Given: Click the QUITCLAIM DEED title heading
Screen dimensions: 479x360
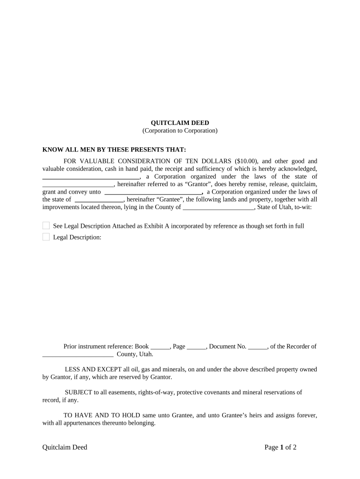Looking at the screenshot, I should click(180, 123).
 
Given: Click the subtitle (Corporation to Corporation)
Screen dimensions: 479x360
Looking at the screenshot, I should click(180, 131).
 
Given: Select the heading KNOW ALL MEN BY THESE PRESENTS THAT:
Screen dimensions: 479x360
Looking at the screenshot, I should click(114, 150).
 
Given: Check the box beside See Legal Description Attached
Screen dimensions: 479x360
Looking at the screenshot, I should click(46, 226).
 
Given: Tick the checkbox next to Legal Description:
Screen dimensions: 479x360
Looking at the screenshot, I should click(46, 237).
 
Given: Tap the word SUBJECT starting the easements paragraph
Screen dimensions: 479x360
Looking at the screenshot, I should click(79, 392).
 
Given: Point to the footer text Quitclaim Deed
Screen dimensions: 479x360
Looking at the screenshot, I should click(65, 447).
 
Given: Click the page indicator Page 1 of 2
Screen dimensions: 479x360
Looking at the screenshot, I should click(281, 447).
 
